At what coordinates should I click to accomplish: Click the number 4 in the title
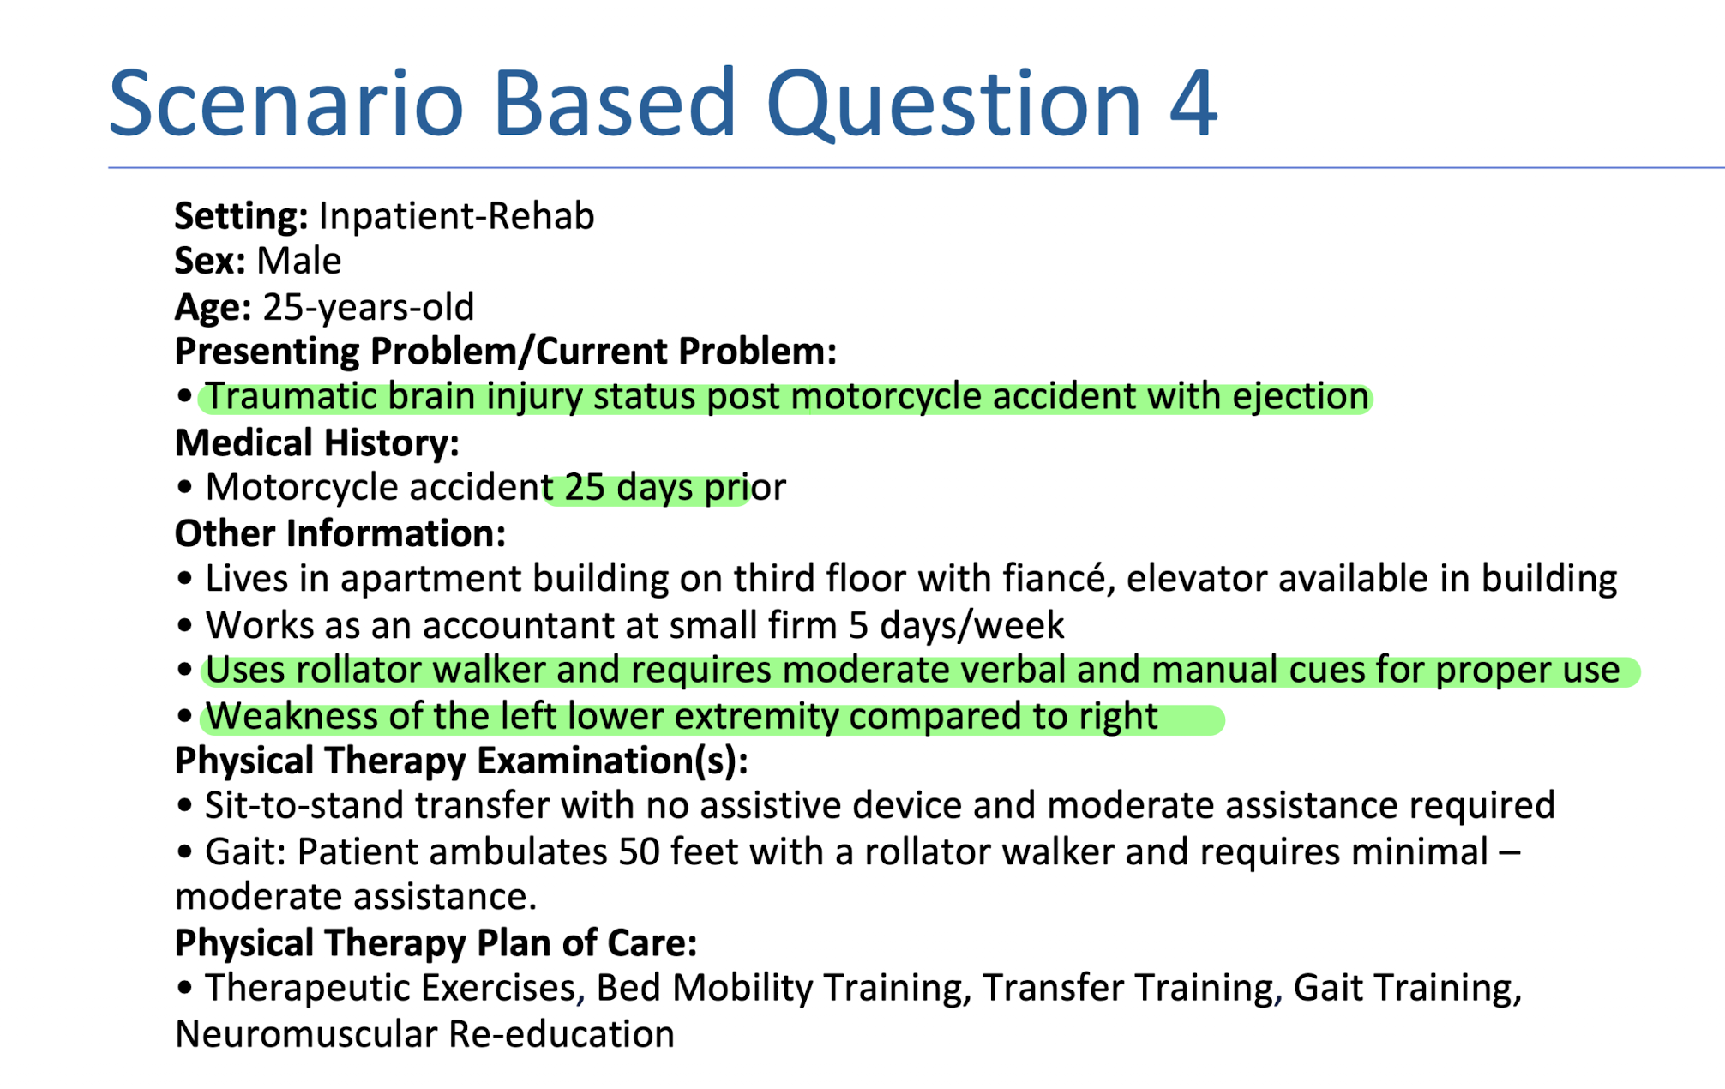[x=1191, y=105]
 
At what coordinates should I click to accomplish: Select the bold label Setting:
[x=241, y=216]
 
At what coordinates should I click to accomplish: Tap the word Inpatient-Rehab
[x=456, y=216]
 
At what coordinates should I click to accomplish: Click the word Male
[x=298, y=261]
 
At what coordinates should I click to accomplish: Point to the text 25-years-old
[x=368, y=307]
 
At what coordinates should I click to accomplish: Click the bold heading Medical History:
[x=316, y=443]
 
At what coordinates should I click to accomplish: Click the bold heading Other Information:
[x=340, y=534]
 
